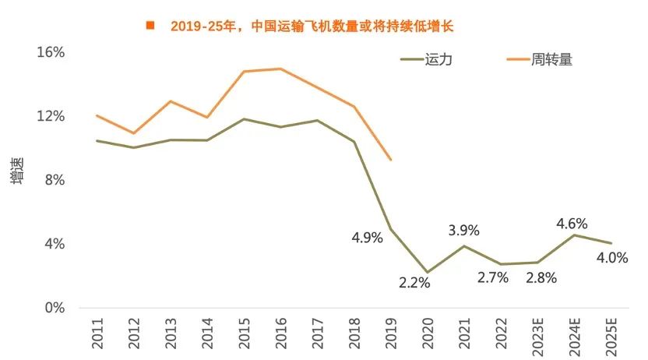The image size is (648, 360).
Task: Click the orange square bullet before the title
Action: [x=150, y=26]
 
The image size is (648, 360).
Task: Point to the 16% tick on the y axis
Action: [x=50, y=52]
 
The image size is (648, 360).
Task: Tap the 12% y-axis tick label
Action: [x=50, y=116]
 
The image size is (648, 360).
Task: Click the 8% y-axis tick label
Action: [x=54, y=180]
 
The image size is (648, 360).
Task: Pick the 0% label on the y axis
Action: [x=54, y=308]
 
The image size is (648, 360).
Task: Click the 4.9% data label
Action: [x=367, y=238]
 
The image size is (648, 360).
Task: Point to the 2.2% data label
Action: [x=414, y=283]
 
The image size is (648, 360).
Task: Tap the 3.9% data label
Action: [x=463, y=230]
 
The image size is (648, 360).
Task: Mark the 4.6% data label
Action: [x=572, y=224]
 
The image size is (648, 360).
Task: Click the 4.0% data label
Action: [x=612, y=258]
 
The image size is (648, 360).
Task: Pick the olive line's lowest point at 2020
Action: [x=428, y=273]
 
